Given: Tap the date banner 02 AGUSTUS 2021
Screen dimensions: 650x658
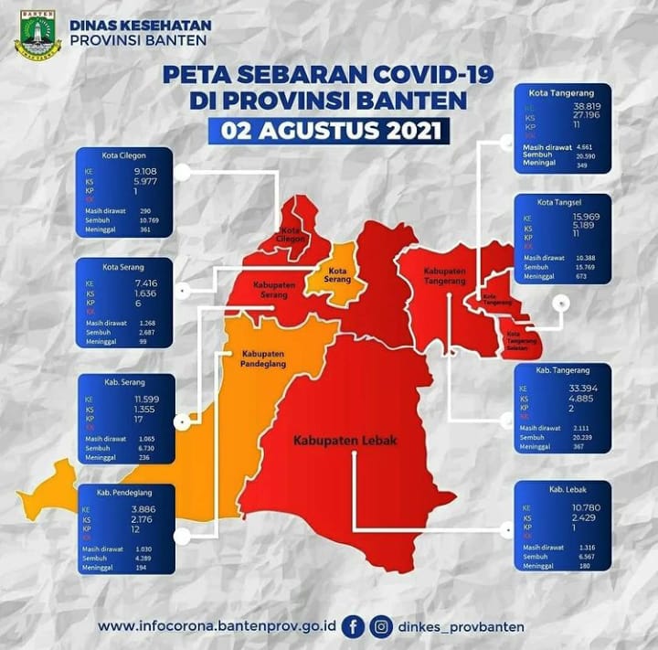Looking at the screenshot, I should pyautogui.click(x=328, y=131).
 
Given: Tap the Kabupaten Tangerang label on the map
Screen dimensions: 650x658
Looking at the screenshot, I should pyautogui.click(x=444, y=277).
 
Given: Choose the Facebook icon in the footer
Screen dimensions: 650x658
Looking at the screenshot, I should pyautogui.click(x=354, y=626).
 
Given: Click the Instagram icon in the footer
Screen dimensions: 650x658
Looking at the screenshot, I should pyautogui.click(x=383, y=626).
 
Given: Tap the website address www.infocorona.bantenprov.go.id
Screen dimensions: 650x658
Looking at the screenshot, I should pyautogui.click(x=218, y=626).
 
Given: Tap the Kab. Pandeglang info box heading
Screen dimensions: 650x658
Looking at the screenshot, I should pyautogui.click(x=126, y=489).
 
